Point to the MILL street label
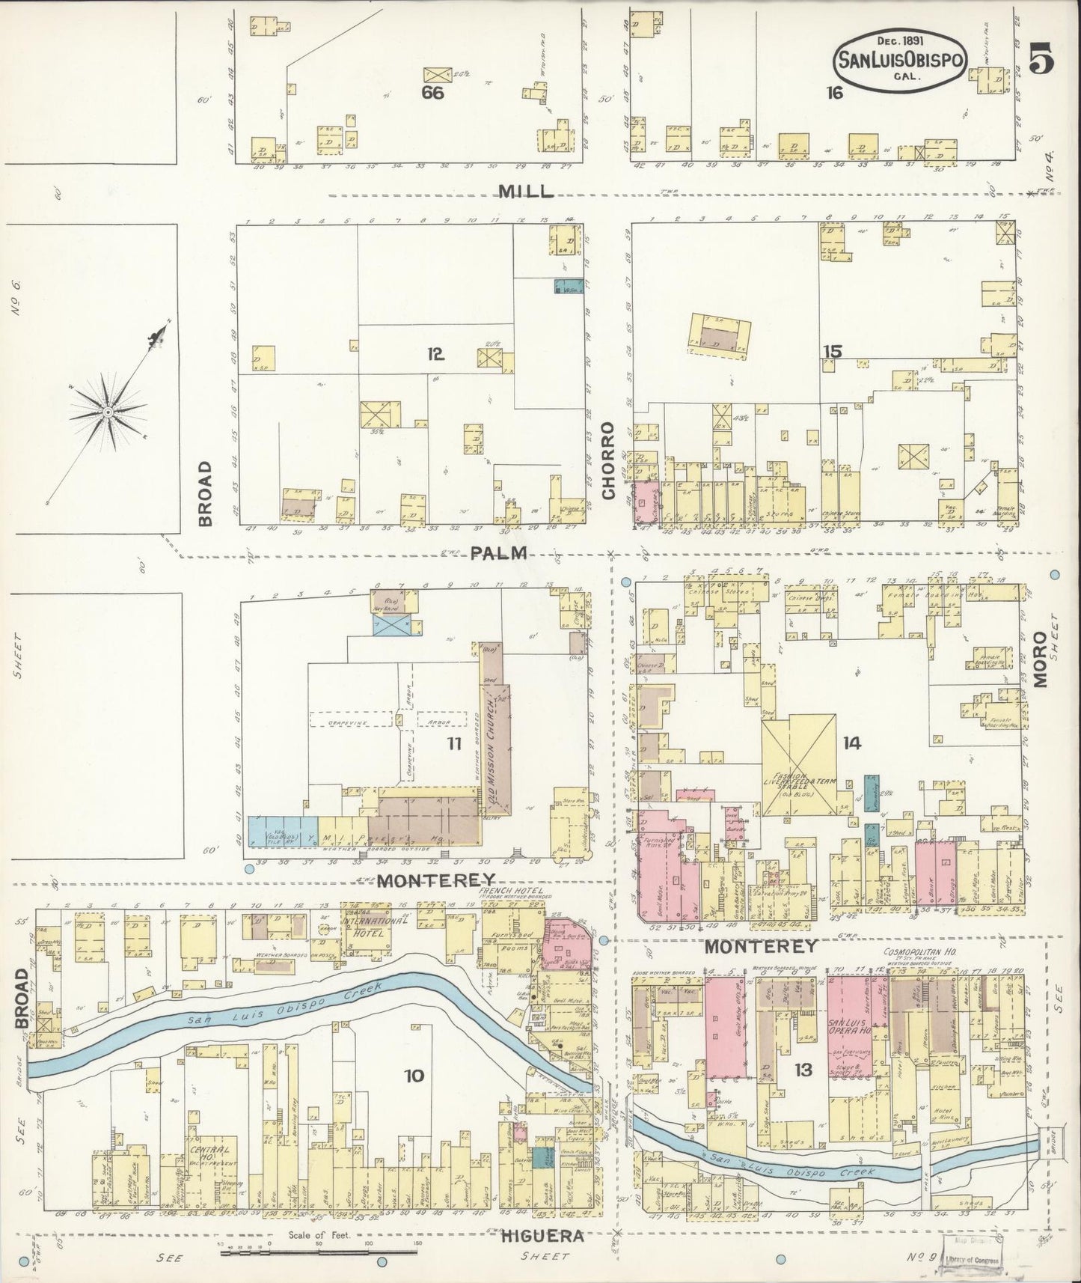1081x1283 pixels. coord(527,192)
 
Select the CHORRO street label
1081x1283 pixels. coord(608,461)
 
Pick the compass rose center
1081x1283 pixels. coord(108,412)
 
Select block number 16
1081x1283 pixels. coord(834,93)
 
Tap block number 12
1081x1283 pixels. coord(435,355)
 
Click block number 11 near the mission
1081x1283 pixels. coord(453,743)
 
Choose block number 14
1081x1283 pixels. coord(851,743)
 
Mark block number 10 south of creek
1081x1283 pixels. coord(414,1076)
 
